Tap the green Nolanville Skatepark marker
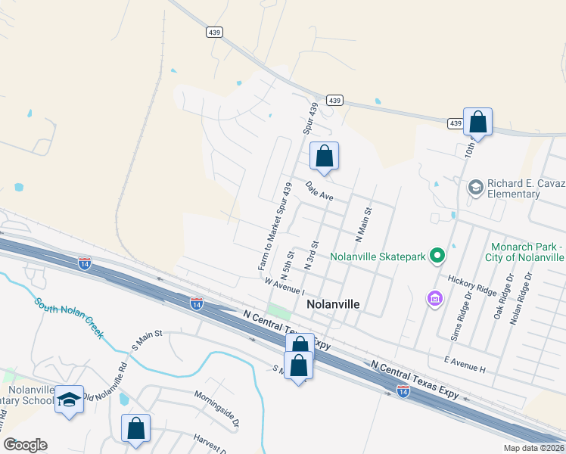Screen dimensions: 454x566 click(437, 257)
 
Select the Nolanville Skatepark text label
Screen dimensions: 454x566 click(378, 257)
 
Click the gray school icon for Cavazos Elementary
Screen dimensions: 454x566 click(476, 187)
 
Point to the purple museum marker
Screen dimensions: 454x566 click(434, 300)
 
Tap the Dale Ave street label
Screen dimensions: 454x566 click(319, 190)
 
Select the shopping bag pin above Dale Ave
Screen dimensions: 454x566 click(324, 157)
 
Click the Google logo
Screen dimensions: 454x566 click(25, 445)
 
